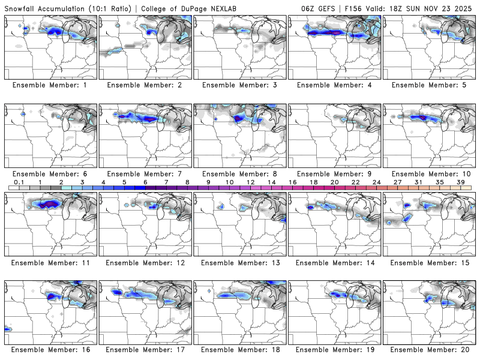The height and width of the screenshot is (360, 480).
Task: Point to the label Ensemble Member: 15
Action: pyautogui.click(x=430, y=262)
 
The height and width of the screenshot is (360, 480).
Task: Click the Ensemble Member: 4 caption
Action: pyautogui.click(x=335, y=85)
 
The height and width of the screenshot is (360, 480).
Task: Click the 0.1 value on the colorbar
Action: pyautogui.click(x=19, y=182)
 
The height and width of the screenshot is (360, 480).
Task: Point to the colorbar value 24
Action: pyautogui.click(x=377, y=182)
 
